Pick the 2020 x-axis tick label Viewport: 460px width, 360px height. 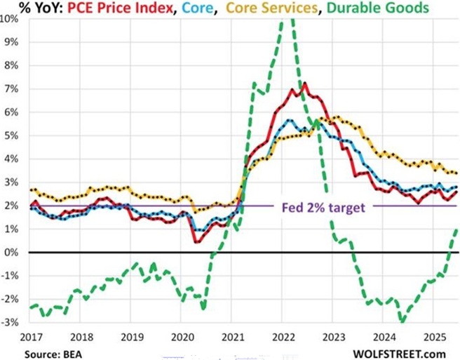pyautogui.click(x=182, y=336)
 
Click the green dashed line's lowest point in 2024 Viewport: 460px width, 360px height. pyautogui.click(x=402, y=321)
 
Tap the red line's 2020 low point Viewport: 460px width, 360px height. pyautogui.click(x=196, y=242)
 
